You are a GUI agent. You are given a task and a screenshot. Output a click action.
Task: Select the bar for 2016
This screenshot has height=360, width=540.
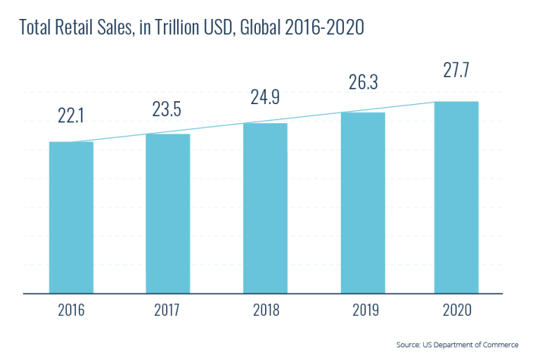click(x=71, y=217)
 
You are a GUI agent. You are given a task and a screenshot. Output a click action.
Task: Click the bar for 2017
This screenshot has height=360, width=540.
click(x=168, y=213)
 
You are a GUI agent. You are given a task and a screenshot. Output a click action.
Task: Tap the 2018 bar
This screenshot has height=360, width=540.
click(x=265, y=208)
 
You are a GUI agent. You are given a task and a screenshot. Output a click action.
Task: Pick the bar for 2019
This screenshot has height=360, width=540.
click(x=363, y=202)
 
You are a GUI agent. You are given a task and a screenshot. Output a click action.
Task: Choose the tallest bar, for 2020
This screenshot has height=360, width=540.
click(x=456, y=197)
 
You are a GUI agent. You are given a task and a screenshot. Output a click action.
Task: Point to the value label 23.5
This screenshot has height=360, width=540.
click(x=167, y=109)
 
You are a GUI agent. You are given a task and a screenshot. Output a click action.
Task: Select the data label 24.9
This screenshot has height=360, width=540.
click(x=265, y=97)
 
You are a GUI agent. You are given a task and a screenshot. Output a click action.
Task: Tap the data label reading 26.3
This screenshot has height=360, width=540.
click(x=363, y=82)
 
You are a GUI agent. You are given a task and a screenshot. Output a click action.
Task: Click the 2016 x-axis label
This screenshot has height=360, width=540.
click(x=71, y=310)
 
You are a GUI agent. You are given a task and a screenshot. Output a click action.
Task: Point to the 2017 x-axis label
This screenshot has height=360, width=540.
click(x=168, y=310)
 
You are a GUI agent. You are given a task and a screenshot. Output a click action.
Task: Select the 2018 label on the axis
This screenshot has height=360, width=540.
click(x=265, y=310)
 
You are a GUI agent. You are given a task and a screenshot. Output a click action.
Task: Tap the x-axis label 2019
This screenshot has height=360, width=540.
click(x=363, y=310)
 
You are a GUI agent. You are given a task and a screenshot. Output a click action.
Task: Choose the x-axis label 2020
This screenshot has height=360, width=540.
click(x=456, y=310)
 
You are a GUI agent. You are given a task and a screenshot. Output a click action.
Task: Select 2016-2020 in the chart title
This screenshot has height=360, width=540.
click(x=324, y=28)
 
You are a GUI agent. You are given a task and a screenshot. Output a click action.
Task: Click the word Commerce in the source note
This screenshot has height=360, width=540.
click(x=500, y=345)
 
